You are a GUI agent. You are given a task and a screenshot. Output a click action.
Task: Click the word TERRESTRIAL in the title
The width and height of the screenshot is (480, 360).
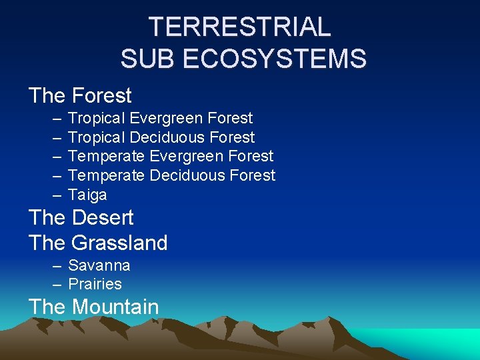click(239, 27)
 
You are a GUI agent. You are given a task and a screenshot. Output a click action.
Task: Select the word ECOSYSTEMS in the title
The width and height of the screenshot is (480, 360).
click(273, 59)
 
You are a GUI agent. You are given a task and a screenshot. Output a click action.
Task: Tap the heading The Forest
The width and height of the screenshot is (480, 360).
click(80, 96)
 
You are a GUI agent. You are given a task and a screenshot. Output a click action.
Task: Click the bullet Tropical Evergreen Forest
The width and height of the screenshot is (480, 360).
click(160, 119)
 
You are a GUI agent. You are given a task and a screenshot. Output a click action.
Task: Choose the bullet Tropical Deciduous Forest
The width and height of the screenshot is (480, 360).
click(161, 137)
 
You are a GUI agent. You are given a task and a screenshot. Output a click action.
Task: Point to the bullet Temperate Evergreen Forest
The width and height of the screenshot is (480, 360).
click(171, 156)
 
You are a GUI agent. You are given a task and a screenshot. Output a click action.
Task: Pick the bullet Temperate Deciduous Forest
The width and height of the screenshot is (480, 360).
click(171, 175)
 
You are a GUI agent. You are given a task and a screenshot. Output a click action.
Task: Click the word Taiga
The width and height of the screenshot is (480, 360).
click(87, 195)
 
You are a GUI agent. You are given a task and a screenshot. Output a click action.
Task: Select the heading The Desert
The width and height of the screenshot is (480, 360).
click(81, 217)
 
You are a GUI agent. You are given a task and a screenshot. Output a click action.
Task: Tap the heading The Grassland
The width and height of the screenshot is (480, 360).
click(98, 243)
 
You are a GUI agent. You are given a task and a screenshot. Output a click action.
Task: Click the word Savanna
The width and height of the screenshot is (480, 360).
click(99, 265)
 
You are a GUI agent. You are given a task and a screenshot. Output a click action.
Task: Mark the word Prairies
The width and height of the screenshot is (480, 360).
click(95, 284)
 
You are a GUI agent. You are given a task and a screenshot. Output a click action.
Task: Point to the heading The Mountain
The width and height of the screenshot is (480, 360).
click(93, 307)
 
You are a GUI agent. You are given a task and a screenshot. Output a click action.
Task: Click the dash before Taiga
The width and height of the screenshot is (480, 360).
click(57, 195)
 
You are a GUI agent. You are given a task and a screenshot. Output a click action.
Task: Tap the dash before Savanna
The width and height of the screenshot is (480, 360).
click(57, 266)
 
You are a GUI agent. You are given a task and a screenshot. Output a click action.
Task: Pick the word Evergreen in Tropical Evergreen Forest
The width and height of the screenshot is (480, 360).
click(167, 119)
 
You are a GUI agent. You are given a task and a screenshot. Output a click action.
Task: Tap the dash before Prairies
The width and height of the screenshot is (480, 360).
click(57, 285)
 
